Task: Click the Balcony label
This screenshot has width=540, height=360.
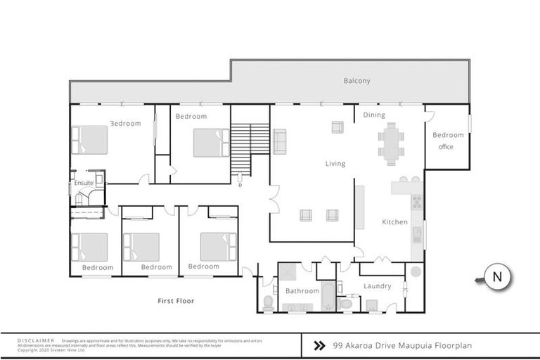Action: point(356,81)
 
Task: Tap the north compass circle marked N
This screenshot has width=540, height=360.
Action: point(497,277)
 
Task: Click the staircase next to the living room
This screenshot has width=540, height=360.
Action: point(250,148)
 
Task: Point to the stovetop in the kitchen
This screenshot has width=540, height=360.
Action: point(416,202)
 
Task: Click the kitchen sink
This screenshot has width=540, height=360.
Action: point(416,234)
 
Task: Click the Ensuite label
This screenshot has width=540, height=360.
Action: point(84,184)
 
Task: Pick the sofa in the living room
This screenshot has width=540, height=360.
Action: point(280,141)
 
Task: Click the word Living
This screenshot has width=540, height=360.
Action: point(335,164)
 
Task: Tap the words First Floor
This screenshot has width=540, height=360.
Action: point(176,301)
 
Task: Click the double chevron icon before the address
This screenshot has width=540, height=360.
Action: point(319,345)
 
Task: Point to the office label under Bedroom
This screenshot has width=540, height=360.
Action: point(446,147)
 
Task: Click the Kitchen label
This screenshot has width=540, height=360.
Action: point(394,222)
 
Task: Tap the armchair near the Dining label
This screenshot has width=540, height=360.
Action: point(337,127)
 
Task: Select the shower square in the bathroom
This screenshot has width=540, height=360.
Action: point(289,272)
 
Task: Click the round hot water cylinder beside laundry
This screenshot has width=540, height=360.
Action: point(414,272)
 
